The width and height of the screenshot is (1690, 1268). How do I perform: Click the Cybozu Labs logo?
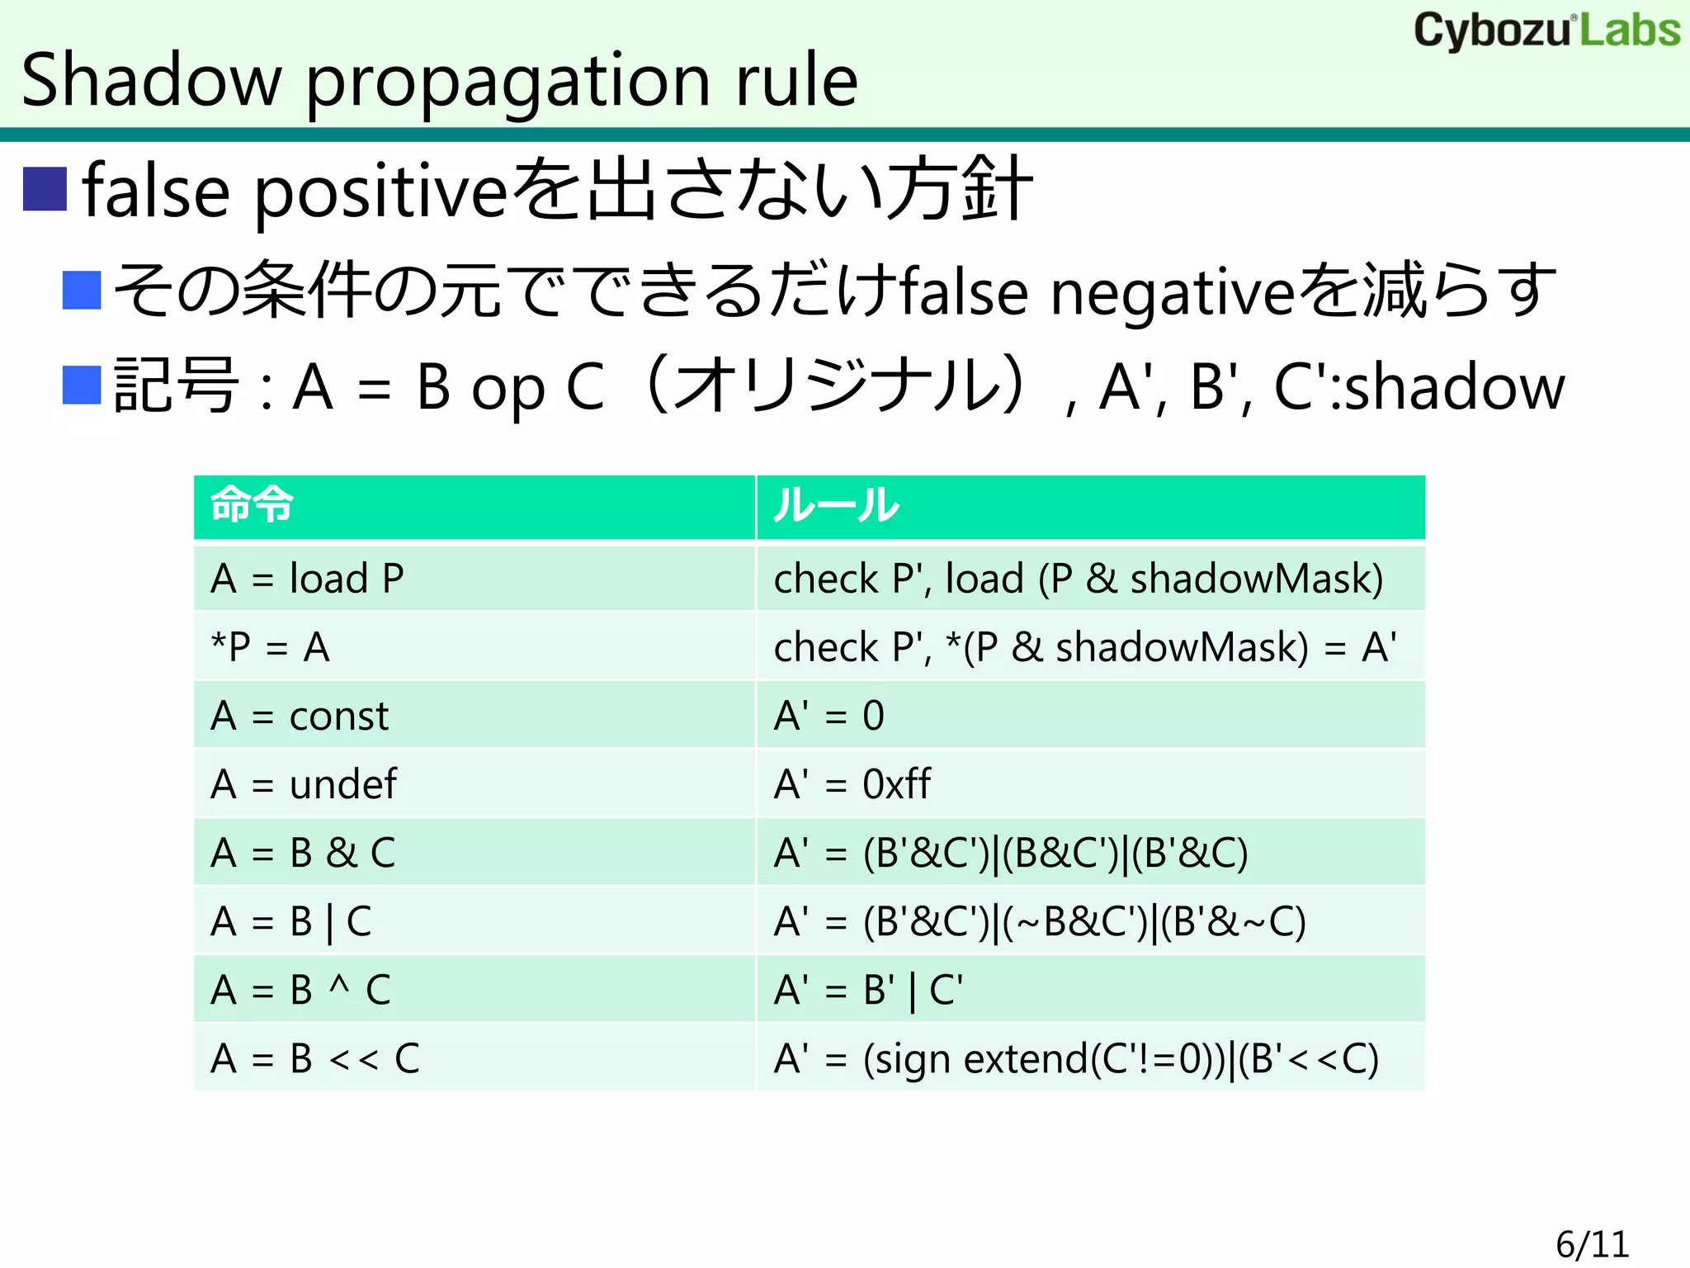[1546, 31]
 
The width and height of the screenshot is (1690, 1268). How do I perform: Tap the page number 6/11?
[1592, 1244]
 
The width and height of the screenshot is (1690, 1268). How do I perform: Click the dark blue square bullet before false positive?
[45, 189]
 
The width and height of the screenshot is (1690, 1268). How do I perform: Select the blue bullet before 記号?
[82, 385]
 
